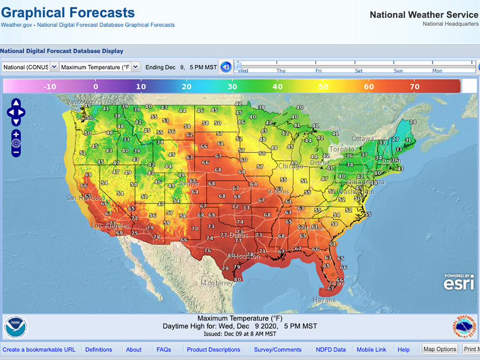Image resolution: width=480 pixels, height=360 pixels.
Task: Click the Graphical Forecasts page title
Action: point(68,12)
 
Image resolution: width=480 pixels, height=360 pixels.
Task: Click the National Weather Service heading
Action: point(423,15)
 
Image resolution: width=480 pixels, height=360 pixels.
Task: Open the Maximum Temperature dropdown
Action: point(99,67)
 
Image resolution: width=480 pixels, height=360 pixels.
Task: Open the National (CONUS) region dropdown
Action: point(30,67)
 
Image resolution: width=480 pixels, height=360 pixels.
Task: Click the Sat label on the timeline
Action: point(359,71)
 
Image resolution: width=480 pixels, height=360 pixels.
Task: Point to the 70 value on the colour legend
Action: point(414,86)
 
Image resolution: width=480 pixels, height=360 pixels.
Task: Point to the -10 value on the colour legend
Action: point(50,86)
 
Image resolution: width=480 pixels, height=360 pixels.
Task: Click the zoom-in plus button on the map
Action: point(16,134)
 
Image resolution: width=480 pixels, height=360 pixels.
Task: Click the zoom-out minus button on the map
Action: point(16,152)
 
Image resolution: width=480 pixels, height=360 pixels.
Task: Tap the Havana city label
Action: point(324,300)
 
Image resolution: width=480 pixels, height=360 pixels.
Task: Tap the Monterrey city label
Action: point(217,283)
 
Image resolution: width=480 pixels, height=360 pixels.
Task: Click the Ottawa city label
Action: point(363,139)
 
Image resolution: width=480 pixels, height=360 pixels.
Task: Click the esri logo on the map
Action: point(458,282)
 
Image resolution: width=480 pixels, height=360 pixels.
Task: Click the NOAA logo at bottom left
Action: point(16,327)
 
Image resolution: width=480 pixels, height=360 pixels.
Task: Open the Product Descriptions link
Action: point(213,350)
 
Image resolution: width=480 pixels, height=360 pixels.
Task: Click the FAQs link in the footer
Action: point(163,350)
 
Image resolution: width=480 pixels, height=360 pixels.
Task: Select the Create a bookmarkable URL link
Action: point(39,350)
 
